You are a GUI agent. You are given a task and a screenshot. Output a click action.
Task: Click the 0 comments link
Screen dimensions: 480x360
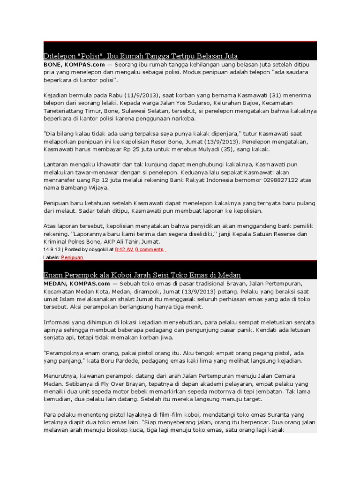coord(149,250)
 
